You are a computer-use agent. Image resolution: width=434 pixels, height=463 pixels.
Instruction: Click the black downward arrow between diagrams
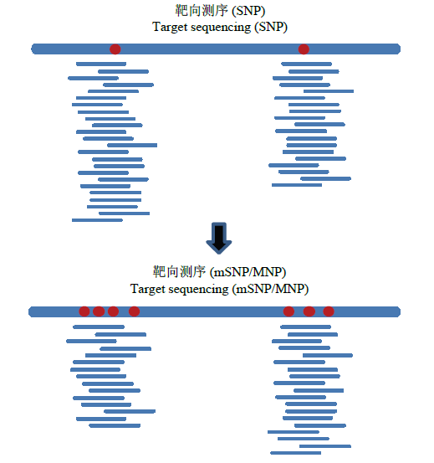[x=219, y=238]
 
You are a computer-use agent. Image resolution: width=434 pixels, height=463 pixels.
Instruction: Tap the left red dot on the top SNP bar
[x=115, y=49]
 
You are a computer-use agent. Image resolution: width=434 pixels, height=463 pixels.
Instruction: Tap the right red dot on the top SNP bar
[x=304, y=49]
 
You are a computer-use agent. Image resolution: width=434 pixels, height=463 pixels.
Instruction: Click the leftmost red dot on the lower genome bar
[x=84, y=311]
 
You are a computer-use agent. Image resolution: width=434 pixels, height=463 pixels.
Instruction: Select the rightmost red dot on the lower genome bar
[x=329, y=311]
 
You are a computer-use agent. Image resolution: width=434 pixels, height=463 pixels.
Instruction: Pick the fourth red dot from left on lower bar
[x=134, y=311]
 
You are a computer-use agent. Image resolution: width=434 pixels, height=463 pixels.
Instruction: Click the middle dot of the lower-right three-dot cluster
[x=309, y=311]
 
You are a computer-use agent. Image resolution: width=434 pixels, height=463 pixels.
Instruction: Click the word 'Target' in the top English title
[x=170, y=28]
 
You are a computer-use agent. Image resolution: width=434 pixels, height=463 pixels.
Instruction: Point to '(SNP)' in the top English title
[x=271, y=28]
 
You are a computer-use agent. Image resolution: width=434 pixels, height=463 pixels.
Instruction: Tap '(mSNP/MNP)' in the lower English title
[x=270, y=289]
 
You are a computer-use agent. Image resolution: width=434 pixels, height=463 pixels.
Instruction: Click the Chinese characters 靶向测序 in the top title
[x=202, y=11]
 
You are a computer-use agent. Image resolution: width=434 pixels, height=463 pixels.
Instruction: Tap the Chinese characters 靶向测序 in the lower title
[x=179, y=272]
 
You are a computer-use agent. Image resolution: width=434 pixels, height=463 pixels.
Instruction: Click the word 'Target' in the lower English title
[x=148, y=290]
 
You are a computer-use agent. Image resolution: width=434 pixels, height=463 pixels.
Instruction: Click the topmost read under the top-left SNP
[x=101, y=64]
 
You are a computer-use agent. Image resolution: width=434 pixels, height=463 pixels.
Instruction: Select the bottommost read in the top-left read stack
[x=97, y=220]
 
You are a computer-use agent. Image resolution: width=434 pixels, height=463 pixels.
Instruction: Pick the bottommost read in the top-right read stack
[x=297, y=185]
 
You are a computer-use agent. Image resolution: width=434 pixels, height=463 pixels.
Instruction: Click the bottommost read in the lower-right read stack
[x=296, y=453]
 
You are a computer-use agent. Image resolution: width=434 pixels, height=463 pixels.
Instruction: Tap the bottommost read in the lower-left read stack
[x=115, y=426]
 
